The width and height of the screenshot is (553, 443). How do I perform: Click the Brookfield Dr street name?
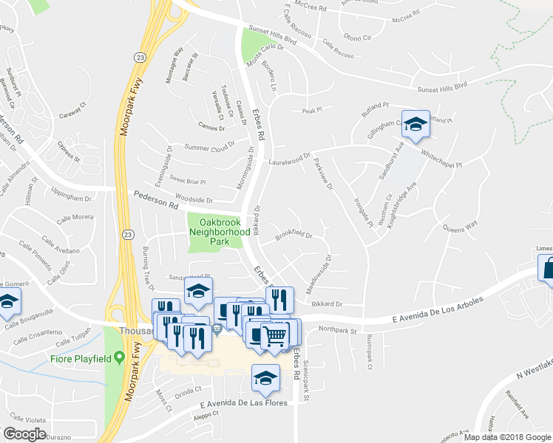(294, 235)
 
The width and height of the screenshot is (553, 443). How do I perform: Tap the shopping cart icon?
(274, 336)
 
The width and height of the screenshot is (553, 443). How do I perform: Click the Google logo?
(24, 434)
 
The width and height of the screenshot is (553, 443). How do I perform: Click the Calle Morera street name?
(72, 217)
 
